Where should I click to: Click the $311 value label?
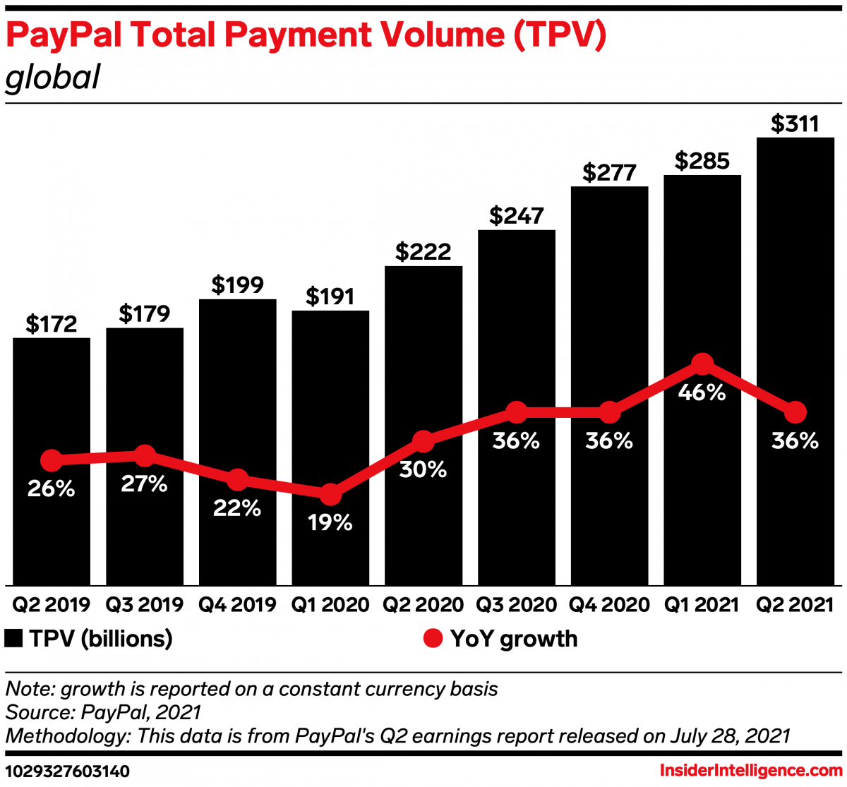pyautogui.click(x=795, y=124)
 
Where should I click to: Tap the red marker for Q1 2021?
pyautogui.click(x=702, y=364)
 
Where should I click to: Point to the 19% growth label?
pyautogui.click(x=330, y=522)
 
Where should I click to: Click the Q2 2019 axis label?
pyautogui.click(x=52, y=605)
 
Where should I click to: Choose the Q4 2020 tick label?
pyautogui.click(x=609, y=605)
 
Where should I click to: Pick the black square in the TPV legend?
pyautogui.click(x=13, y=639)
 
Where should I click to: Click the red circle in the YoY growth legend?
pyautogui.click(x=433, y=639)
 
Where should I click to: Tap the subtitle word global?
pyautogui.click(x=52, y=77)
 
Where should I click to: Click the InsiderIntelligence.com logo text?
pyautogui.click(x=751, y=770)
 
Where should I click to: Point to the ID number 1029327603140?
pyautogui.click(x=68, y=770)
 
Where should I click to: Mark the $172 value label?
pyautogui.click(x=52, y=324)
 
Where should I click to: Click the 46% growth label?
pyautogui.click(x=702, y=392)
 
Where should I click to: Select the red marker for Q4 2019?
pyautogui.click(x=238, y=480)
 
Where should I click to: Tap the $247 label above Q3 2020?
pyautogui.click(x=517, y=216)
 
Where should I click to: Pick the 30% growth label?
pyautogui.click(x=423, y=469)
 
